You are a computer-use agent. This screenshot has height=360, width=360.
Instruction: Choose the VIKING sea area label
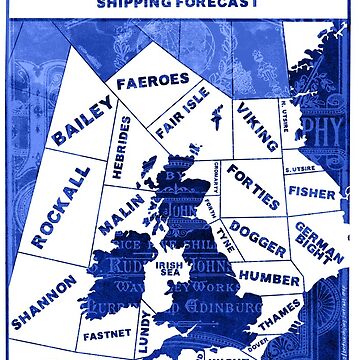[257, 127]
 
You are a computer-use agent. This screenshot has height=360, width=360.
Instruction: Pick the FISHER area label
[311, 189]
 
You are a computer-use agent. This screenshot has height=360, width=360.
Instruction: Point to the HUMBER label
[270, 277]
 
